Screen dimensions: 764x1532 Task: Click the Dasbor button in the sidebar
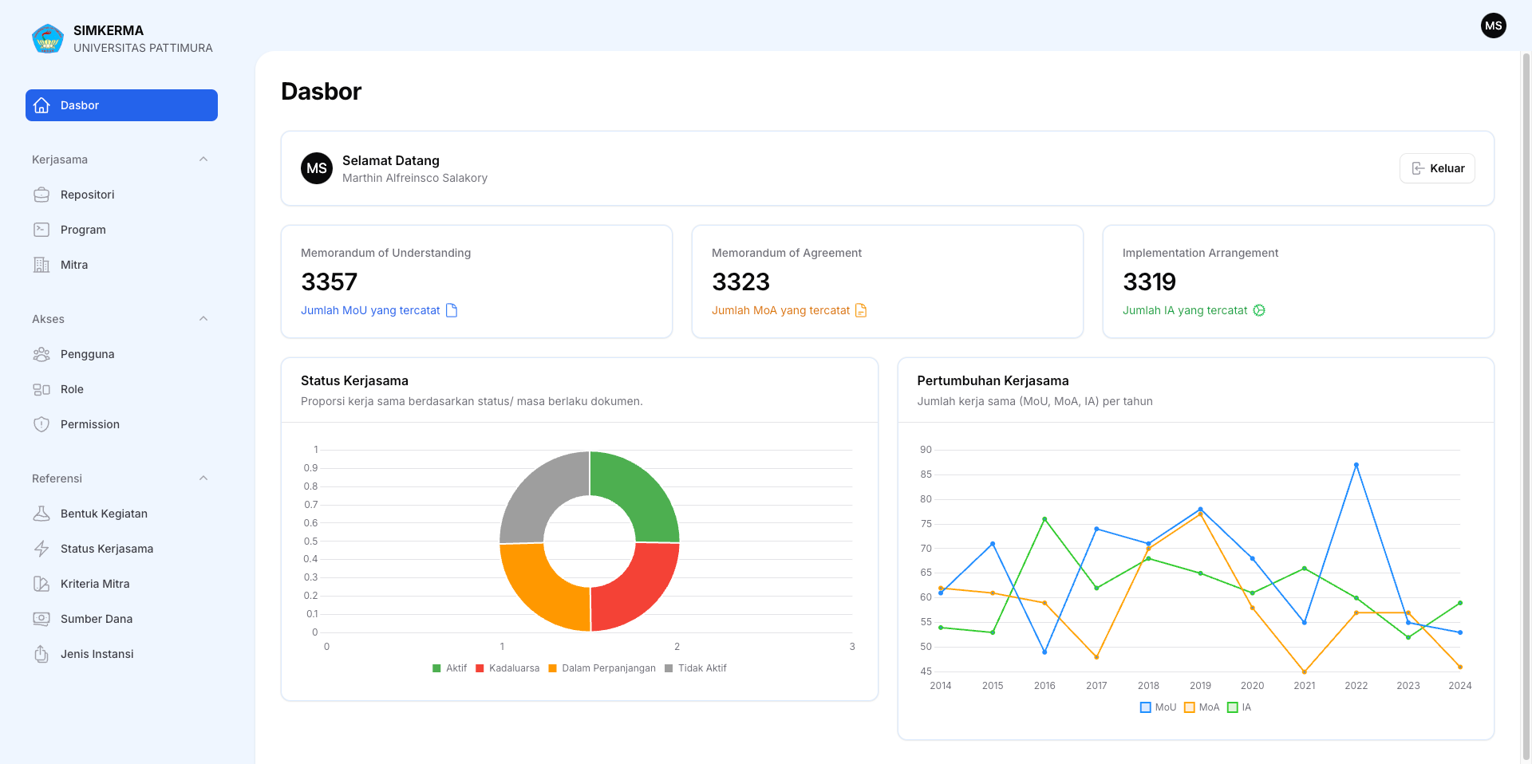pyautogui.click(x=121, y=105)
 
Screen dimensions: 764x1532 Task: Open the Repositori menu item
pyautogui.click(x=87, y=195)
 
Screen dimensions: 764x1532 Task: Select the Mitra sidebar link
pyautogui.click(x=73, y=265)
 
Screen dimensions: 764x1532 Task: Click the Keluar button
pyautogui.click(x=1437, y=168)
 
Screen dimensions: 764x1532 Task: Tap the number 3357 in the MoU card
pyautogui.click(x=329, y=282)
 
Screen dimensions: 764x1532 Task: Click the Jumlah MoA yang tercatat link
pyautogui.click(x=780, y=310)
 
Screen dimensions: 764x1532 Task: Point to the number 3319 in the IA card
pyautogui.click(x=1149, y=282)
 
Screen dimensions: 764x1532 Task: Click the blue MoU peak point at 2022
pyautogui.click(x=1356, y=465)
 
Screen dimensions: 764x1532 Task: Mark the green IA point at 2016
pyautogui.click(x=1044, y=519)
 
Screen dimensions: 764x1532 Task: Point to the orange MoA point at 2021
pyautogui.click(x=1305, y=671)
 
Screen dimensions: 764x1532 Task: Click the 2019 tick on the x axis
pyautogui.click(x=1200, y=686)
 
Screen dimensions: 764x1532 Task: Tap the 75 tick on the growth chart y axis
pyautogui.click(x=926, y=524)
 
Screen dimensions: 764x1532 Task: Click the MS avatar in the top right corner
pyautogui.click(x=1494, y=26)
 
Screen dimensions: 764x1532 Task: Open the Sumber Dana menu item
pyautogui.click(x=96, y=619)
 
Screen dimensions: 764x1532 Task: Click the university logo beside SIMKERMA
pyautogui.click(x=48, y=38)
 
